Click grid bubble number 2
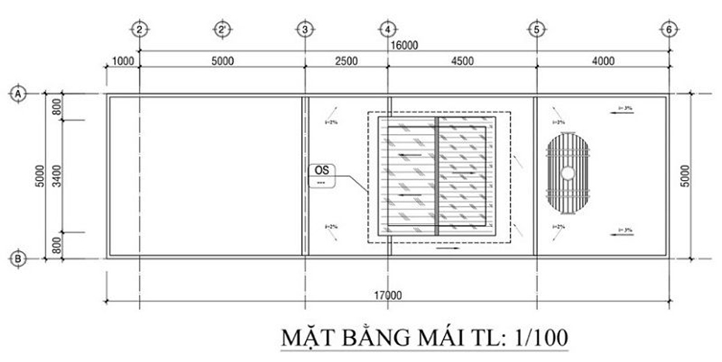(139, 29)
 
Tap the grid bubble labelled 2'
(222, 29)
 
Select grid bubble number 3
(305, 29)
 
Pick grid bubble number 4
(387, 29)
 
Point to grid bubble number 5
(536, 29)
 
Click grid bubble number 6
(668, 29)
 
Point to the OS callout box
(319, 176)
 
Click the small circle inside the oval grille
(568, 172)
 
